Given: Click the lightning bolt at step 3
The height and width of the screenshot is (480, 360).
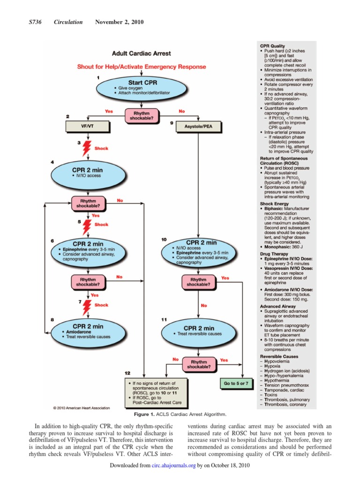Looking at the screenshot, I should click(86, 148).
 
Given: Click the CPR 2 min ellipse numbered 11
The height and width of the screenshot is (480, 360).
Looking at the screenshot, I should click(195, 331).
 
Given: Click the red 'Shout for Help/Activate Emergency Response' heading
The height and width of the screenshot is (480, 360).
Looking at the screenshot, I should click(142, 67).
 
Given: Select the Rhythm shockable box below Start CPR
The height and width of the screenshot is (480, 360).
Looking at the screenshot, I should click(142, 115).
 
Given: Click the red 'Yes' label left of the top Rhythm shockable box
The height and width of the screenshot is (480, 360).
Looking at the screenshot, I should click(109, 111).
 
